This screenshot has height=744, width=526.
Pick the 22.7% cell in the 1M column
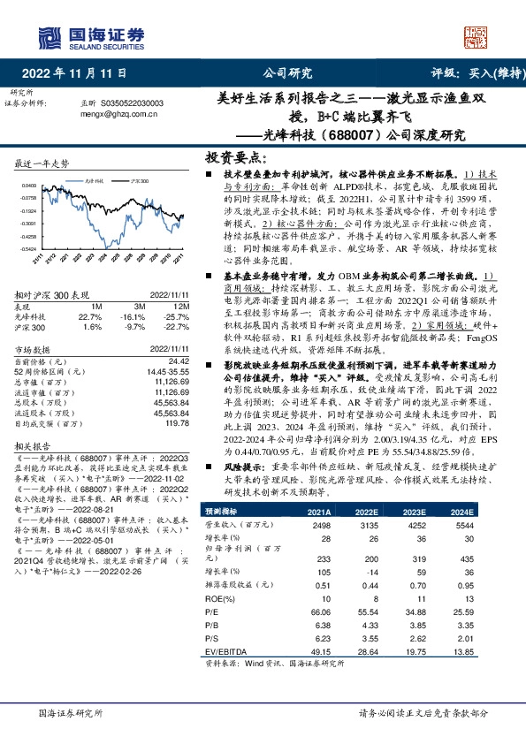point(90,315)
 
